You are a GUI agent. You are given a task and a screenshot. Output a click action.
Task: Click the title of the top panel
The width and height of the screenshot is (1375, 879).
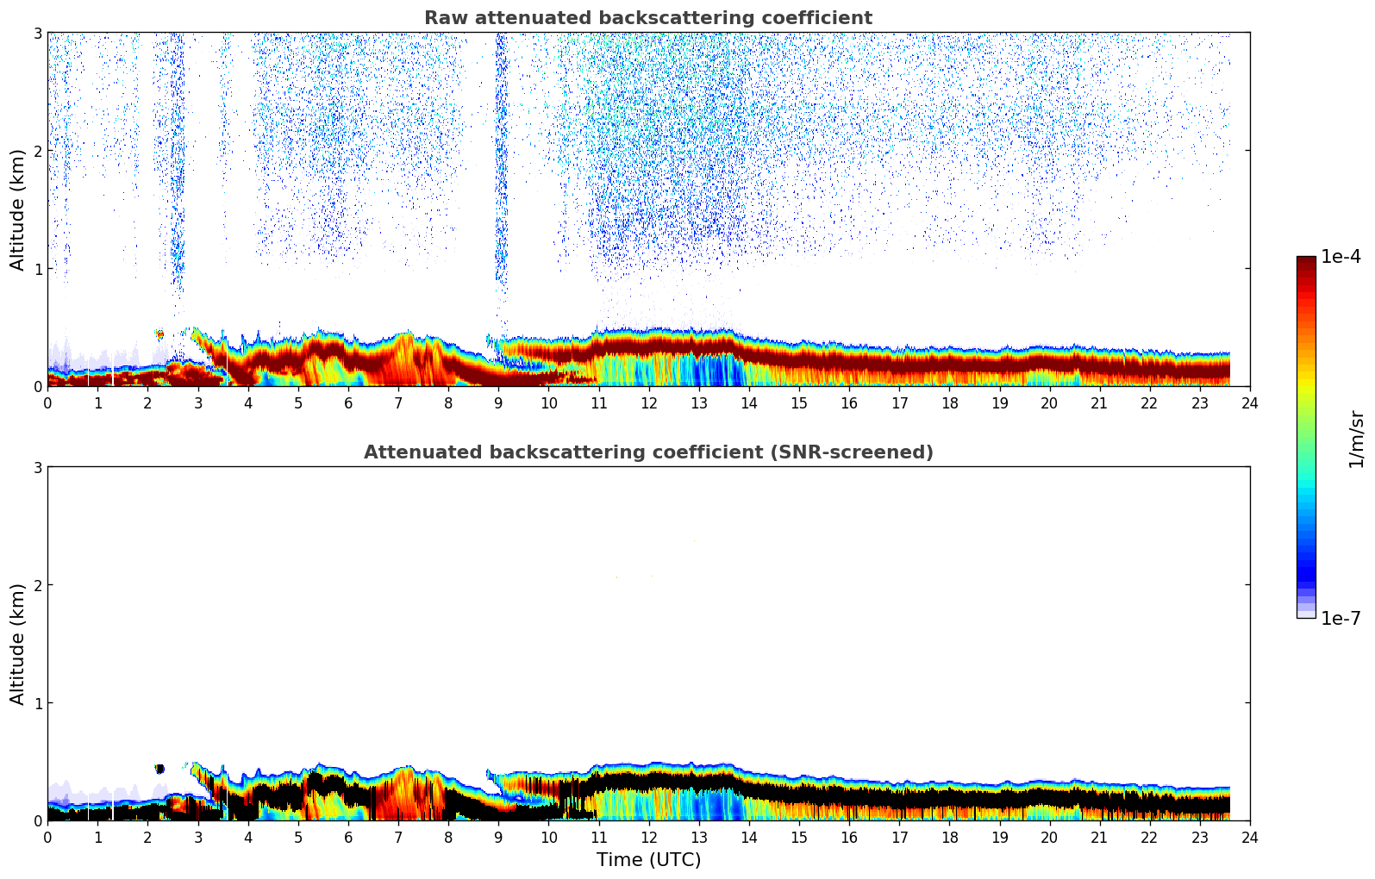(x=647, y=18)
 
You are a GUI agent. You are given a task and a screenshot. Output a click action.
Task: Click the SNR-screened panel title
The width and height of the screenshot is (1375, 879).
(x=647, y=452)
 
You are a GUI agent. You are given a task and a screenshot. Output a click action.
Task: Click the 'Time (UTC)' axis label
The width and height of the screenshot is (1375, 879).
(x=648, y=860)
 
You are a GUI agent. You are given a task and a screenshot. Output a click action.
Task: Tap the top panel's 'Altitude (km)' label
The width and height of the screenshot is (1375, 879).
(x=17, y=209)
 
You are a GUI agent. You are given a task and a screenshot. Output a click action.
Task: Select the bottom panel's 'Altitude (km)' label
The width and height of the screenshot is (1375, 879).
(x=17, y=644)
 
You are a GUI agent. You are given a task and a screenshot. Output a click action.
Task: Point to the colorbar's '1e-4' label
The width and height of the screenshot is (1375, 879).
(x=1341, y=257)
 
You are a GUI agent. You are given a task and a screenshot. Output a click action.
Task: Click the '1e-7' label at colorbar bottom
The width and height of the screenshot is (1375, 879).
(x=1341, y=618)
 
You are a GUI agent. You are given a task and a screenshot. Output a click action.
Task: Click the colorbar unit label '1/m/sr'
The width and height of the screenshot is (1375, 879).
(x=1356, y=439)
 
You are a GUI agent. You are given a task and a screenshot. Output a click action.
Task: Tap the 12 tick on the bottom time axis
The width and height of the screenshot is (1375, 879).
(x=648, y=838)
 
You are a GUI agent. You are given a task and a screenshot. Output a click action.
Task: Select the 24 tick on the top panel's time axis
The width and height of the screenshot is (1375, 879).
(x=1249, y=403)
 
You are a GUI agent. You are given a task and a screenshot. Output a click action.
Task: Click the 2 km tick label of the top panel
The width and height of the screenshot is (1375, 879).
(x=38, y=151)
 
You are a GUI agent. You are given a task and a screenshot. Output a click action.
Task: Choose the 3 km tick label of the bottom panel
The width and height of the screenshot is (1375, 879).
(x=38, y=467)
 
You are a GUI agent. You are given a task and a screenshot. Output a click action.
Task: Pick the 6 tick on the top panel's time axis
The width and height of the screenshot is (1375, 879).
(x=348, y=403)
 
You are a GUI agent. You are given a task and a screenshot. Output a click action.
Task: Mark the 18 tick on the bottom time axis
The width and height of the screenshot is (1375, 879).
(x=949, y=838)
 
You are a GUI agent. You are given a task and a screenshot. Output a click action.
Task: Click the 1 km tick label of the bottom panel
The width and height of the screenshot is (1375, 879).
(x=38, y=703)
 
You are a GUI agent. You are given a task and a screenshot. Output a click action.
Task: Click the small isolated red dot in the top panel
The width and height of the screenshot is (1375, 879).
(x=159, y=334)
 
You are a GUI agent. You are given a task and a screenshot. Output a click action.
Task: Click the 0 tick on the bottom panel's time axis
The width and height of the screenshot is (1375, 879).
(x=47, y=838)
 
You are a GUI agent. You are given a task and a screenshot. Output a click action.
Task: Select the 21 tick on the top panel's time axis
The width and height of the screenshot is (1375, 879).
(x=1099, y=403)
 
